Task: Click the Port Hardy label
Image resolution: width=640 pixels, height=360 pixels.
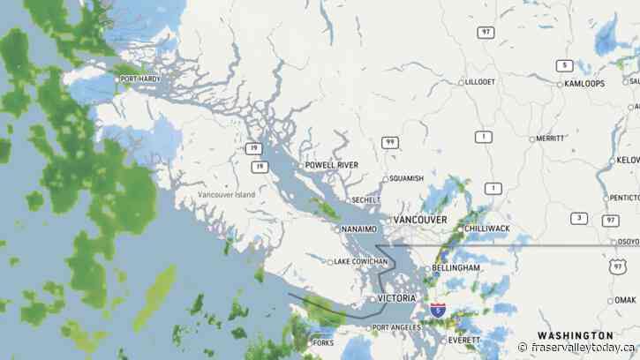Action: coord(141,79)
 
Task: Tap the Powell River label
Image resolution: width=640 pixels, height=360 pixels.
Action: coord(331,165)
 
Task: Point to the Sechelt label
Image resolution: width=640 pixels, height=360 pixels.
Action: coord(365,200)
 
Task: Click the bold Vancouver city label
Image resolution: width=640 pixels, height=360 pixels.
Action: coord(421,219)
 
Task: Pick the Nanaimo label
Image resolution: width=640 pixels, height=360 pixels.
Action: coord(358,229)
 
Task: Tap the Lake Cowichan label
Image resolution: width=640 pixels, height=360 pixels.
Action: coord(361,262)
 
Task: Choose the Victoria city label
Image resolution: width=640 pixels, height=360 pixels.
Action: coord(396,298)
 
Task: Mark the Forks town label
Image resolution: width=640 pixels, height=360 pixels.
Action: coord(322,342)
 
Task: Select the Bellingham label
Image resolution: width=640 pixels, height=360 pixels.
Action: coord(458,267)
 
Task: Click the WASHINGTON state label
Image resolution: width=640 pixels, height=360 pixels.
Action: coord(575,335)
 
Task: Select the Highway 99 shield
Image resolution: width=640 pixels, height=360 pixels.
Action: coord(389,142)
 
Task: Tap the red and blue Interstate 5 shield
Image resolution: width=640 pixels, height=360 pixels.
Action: coord(438,310)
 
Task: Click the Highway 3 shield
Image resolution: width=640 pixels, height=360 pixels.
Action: coord(578,218)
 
